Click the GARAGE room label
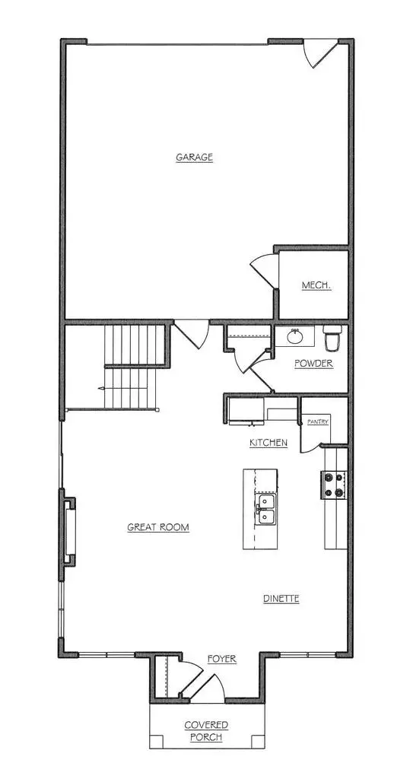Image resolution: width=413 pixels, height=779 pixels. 194,157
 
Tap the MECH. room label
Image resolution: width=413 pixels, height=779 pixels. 316,285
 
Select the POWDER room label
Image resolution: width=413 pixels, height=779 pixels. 313,363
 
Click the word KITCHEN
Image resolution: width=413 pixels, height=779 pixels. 268,442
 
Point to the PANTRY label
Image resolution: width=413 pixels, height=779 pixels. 317,421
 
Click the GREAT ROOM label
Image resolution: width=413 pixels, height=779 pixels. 158,527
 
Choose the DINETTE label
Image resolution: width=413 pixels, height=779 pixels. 281,599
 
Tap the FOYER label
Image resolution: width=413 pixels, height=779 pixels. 221,659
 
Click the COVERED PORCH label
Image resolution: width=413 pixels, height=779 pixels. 206,731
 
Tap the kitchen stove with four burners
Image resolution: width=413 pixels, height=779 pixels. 335,484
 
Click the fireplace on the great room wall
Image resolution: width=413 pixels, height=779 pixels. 68,533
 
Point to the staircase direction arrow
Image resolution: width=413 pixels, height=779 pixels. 103,387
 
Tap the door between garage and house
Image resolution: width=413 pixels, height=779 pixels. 192,334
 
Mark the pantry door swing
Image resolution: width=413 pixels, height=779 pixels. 311,437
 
